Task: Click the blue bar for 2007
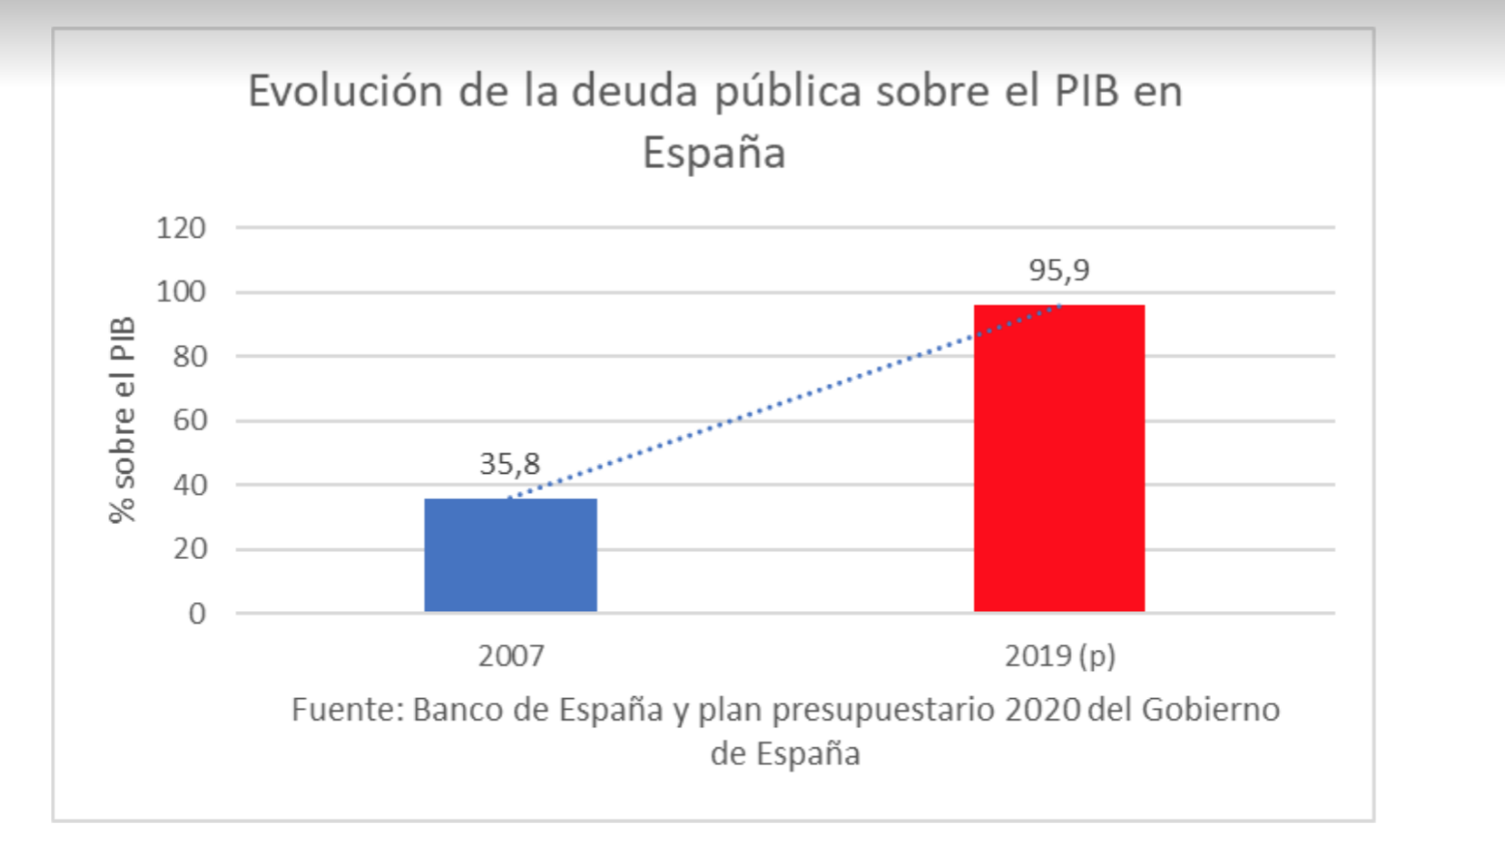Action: click(511, 555)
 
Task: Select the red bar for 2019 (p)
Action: click(1059, 458)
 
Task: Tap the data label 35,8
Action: click(510, 464)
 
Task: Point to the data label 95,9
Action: click(1059, 270)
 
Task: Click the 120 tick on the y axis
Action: click(181, 228)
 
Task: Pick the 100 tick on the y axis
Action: click(181, 292)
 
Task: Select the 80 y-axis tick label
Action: click(189, 357)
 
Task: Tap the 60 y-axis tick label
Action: click(189, 421)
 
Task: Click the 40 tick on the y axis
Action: click(189, 484)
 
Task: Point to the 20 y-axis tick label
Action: click(189, 549)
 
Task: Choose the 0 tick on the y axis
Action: click(197, 613)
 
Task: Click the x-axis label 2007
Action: click(511, 656)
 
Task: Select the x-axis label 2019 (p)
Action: click(1059, 656)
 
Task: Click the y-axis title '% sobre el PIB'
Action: click(123, 421)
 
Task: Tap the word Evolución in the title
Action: click(345, 91)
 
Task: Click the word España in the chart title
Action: click(714, 153)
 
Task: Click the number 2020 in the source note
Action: click(1042, 710)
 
